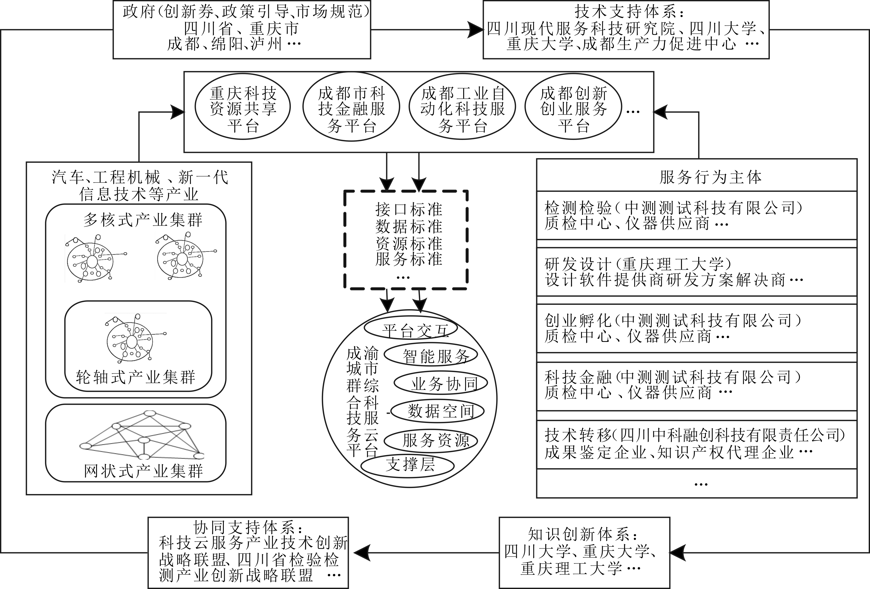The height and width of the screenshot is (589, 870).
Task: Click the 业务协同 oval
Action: [x=441, y=383]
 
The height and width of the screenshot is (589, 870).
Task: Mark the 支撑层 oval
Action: [x=408, y=465]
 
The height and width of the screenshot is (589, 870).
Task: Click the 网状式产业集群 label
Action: [x=143, y=471]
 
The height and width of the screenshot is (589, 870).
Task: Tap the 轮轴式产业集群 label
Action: [x=136, y=377]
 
